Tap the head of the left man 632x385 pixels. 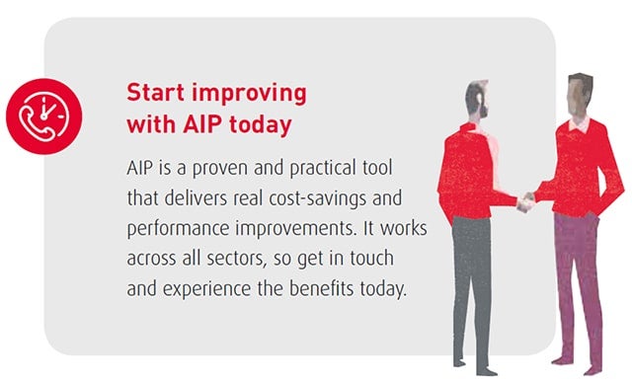click(x=478, y=98)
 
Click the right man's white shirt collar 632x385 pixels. click(x=576, y=124)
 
